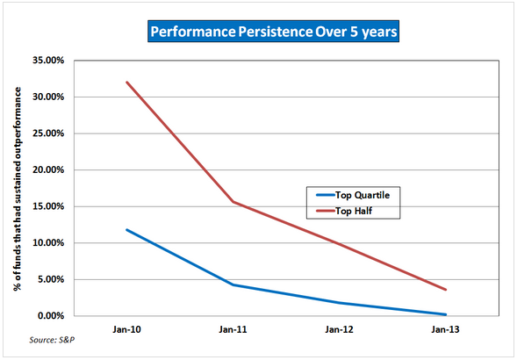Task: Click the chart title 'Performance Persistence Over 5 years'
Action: [x=273, y=32]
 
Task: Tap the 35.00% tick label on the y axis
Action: [x=48, y=61]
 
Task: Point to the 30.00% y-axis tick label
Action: [x=48, y=97]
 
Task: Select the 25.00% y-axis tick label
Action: [x=48, y=133]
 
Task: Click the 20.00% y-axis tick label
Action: [x=48, y=170]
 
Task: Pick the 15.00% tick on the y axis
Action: [x=48, y=206]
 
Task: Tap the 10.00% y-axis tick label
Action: [x=48, y=243]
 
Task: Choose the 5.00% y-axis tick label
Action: [x=50, y=279]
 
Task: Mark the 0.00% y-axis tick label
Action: [x=50, y=316]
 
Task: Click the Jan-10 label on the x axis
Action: [x=126, y=329]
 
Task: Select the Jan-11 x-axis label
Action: [x=233, y=329]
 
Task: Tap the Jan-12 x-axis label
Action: [x=339, y=329]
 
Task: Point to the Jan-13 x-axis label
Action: [x=445, y=329]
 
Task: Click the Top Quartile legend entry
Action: [x=353, y=195]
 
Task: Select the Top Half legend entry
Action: [x=344, y=211]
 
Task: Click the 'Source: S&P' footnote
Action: [x=52, y=340]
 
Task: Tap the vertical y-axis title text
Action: [x=18, y=189]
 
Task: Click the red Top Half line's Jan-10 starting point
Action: [x=127, y=83]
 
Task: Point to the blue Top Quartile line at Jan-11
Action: [x=233, y=284]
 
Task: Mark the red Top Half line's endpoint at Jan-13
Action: [x=445, y=290]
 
